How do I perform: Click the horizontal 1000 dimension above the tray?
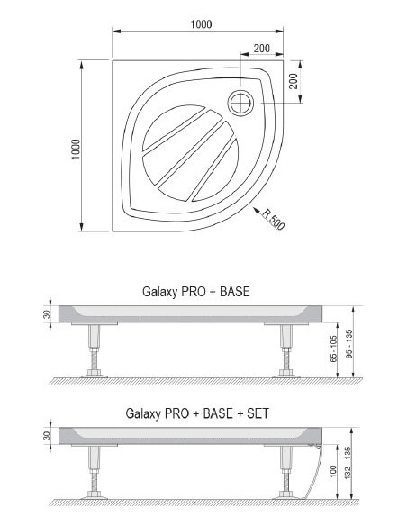pyautogui.click(x=201, y=24)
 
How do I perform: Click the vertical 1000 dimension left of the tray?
pyautogui.click(x=77, y=149)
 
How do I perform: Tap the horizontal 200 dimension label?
pyautogui.click(x=261, y=49)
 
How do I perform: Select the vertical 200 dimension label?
pyautogui.click(x=293, y=81)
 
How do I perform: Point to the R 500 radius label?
pyautogui.click(x=273, y=220)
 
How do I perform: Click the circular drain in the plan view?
pyautogui.click(x=240, y=103)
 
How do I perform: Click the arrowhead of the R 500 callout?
pyautogui.click(x=257, y=211)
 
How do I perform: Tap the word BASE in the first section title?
pyautogui.click(x=235, y=292)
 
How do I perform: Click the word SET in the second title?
pyautogui.click(x=258, y=413)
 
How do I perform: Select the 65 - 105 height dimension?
pyautogui.click(x=333, y=349)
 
